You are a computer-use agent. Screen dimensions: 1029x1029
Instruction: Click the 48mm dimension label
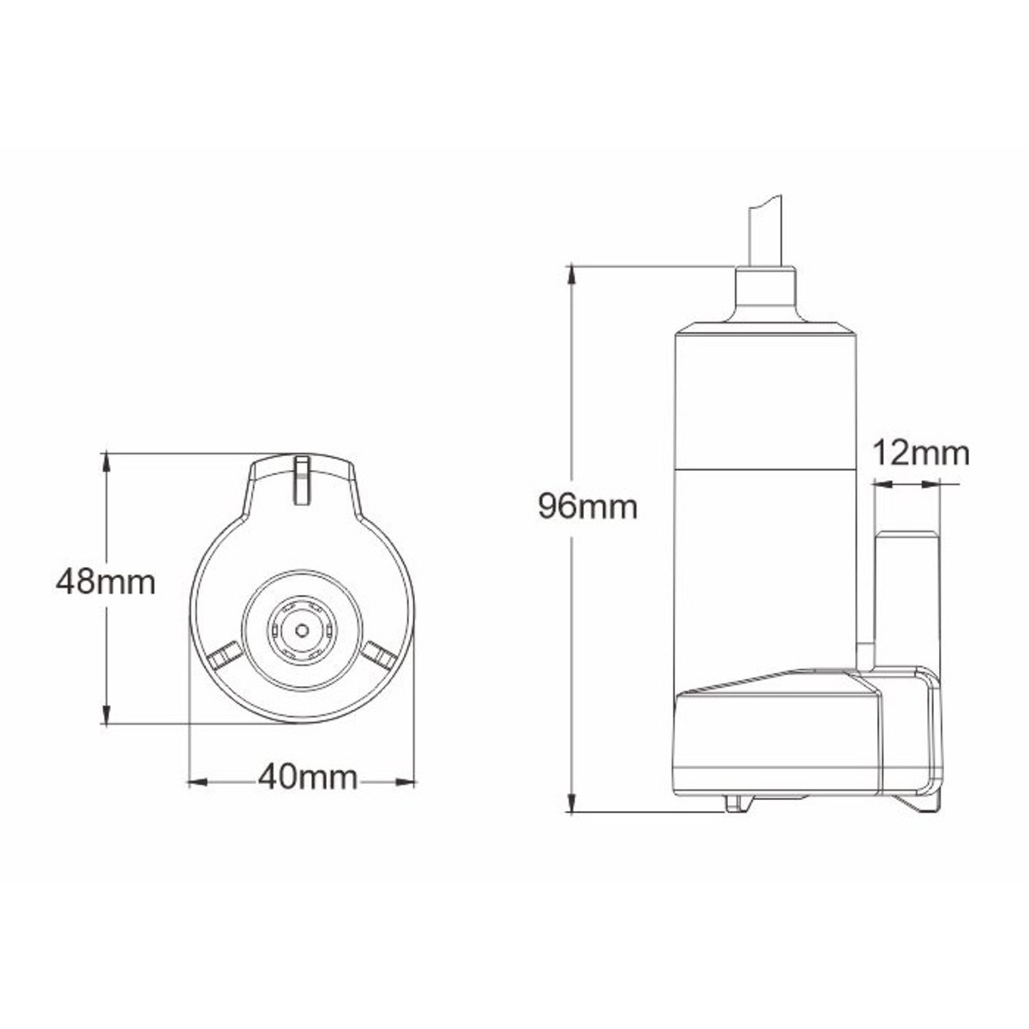105,582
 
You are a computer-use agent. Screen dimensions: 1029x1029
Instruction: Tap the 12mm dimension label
921,454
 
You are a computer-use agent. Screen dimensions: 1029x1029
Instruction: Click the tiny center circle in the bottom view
302,630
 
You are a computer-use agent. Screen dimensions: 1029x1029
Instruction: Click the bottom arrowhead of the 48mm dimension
107,715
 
